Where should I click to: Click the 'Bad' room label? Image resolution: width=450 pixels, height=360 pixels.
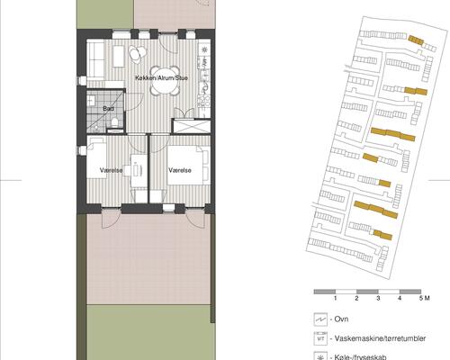(108, 108)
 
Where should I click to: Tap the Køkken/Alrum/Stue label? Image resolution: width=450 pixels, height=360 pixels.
(161, 78)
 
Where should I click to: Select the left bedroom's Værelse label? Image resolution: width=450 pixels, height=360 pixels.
(111, 170)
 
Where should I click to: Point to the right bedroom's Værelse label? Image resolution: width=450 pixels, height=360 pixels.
(180, 170)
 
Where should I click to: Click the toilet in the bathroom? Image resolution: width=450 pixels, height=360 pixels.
(114, 121)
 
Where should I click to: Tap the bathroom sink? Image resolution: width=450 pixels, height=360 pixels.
(91, 101)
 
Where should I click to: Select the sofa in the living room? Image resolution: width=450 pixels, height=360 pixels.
(95, 61)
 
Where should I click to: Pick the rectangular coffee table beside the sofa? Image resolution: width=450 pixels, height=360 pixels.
(119, 56)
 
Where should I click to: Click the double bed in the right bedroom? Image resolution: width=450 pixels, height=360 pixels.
(188, 165)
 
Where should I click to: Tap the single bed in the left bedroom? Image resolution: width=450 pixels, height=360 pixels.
(96, 158)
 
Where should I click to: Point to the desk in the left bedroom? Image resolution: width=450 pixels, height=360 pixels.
(139, 170)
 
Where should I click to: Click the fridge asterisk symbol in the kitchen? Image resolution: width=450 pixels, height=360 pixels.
(205, 49)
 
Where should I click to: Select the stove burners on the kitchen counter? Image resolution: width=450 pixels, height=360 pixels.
(204, 101)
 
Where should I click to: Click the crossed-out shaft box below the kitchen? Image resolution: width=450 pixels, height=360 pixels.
(192, 126)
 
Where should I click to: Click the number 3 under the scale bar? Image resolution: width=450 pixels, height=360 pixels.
(378, 298)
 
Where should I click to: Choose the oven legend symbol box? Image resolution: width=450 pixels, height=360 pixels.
(320, 319)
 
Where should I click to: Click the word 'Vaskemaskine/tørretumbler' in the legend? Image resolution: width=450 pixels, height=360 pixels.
(380, 338)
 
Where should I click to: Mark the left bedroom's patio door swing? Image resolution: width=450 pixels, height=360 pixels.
(111, 219)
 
